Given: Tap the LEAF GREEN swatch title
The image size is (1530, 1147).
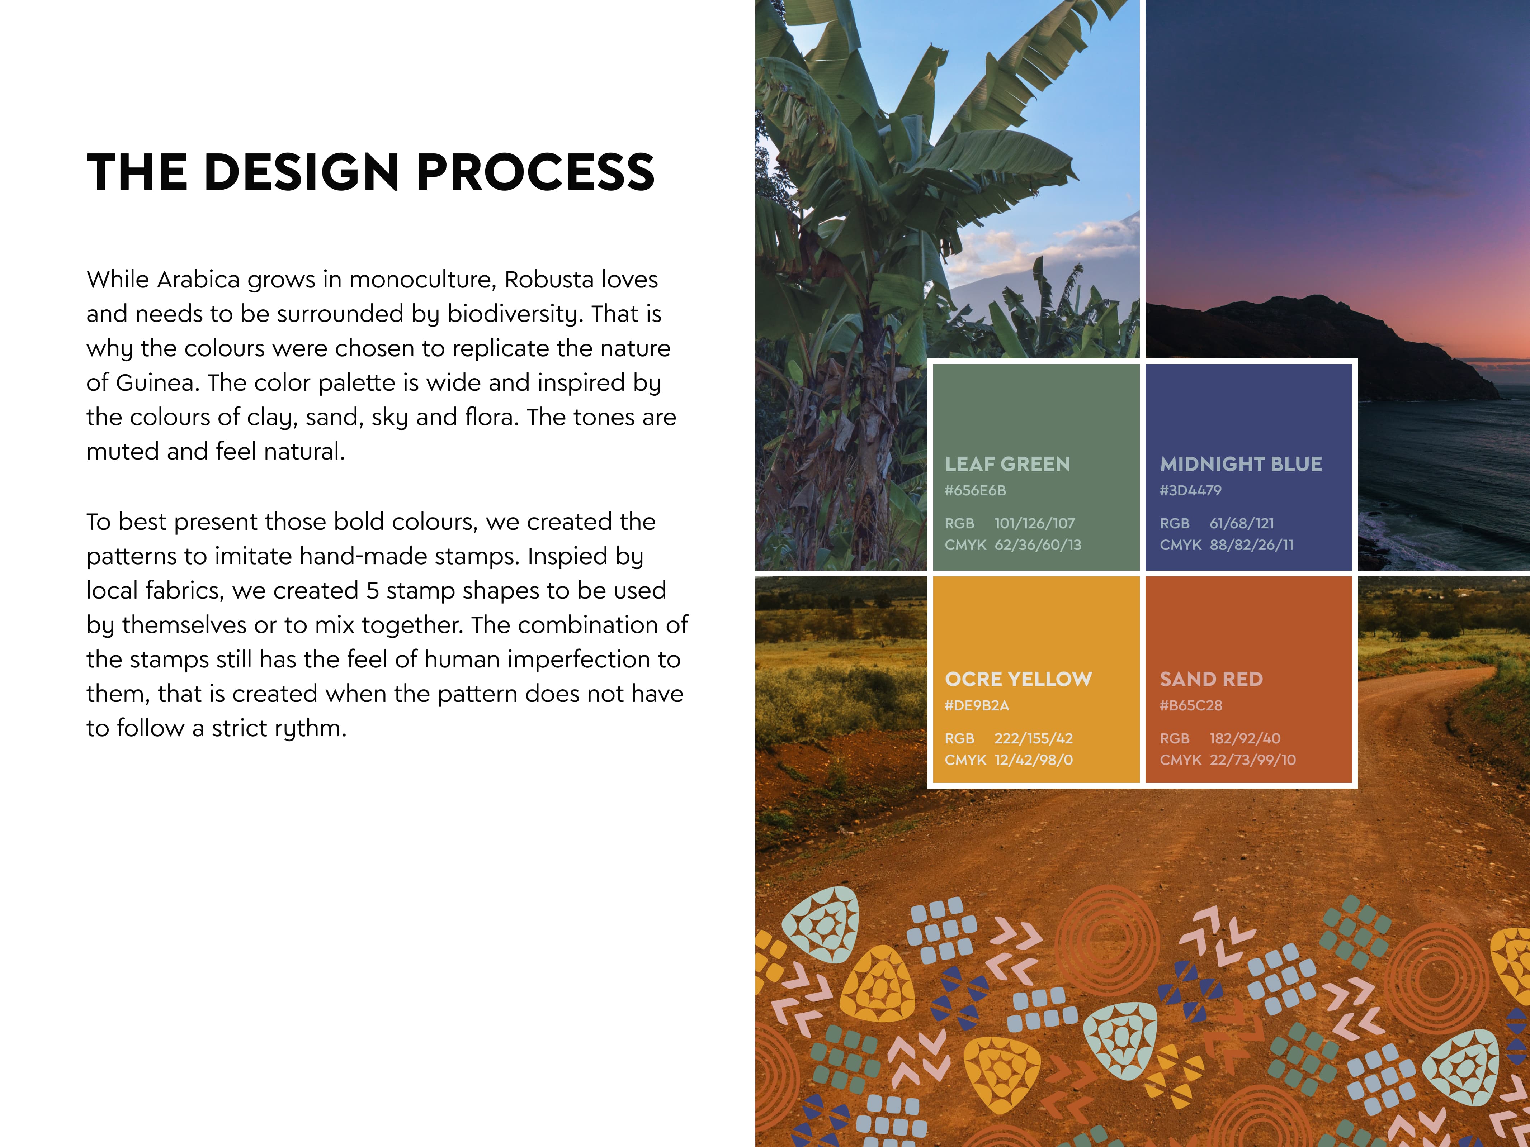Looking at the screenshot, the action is pyautogui.click(x=1007, y=464).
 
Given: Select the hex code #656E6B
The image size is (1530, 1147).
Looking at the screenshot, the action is pyautogui.click(x=975, y=490).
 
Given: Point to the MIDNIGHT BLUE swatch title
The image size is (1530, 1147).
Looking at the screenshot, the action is pyautogui.click(x=1241, y=464).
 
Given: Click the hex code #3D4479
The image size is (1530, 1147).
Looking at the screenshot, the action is pyautogui.click(x=1190, y=490).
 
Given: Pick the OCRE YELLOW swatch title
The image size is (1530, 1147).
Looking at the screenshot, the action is pyautogui.click(x=1018, y=679).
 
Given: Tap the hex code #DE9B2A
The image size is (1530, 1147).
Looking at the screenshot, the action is pyautogui.click(x=977, y=705).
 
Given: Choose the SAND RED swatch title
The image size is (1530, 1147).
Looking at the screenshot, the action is pyautogui.click(x=1211, y=679).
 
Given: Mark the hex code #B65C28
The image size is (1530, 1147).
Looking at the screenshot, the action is pyautogui.click(x=1191, y=705).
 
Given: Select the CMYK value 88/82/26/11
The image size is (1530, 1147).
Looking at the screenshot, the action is pyautogui.click(x=1251, y=545).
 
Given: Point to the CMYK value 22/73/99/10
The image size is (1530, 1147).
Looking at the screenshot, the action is pyautogui.click(x=1253, y=760).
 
